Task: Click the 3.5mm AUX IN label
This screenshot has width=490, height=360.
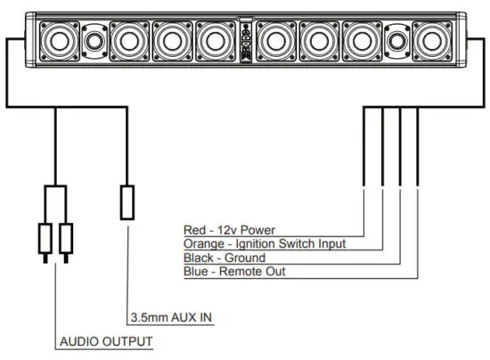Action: (x=171, y=317)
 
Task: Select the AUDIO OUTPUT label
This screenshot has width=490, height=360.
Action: (x=106, y=341)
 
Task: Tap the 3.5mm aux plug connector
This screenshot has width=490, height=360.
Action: (x=127, y=202)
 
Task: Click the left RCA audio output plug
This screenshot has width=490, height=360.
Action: (x=45, y=239)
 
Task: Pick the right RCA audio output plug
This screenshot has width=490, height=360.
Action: (x=67, y=239)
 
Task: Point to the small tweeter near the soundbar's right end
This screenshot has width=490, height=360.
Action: (x=396, y=40)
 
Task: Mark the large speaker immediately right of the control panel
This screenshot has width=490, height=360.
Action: (x=277, y=39)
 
